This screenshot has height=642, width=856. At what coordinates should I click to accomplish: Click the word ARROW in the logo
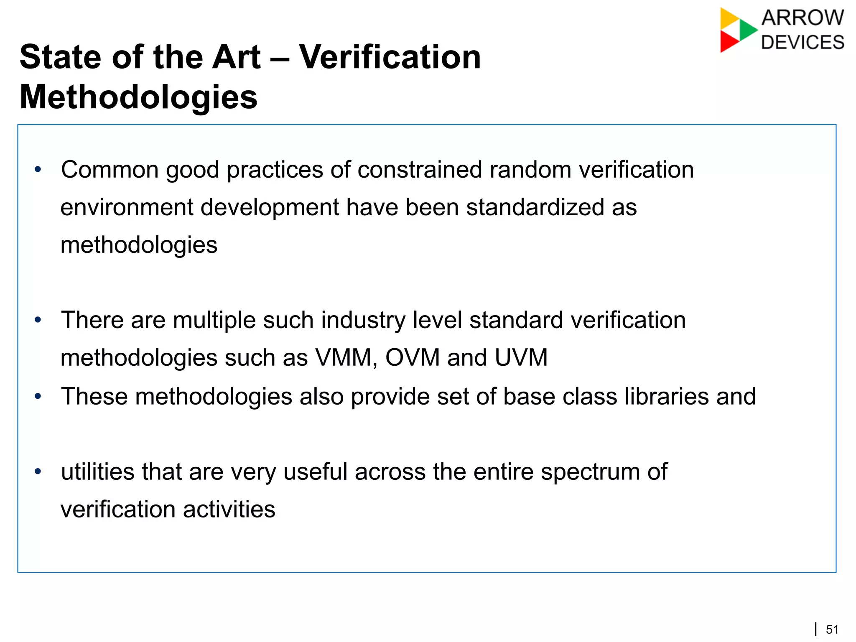[802, 18]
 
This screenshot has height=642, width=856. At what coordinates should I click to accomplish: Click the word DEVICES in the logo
[802, 43]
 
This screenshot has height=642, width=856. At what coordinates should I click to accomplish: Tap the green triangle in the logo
[748, 30]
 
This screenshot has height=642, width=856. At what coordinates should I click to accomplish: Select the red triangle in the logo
[729, 42]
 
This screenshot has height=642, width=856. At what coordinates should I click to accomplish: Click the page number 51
[832, 629]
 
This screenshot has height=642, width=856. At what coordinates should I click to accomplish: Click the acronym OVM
[413, 358]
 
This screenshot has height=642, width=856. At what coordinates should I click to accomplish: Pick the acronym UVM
[521, 358]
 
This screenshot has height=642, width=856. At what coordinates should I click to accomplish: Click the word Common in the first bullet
[110, 170]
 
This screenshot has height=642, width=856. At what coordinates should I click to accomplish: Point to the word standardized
[535, 207]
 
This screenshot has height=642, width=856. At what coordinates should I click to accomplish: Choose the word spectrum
[590, 472]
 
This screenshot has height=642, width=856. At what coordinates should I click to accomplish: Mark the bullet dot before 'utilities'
[38, 472]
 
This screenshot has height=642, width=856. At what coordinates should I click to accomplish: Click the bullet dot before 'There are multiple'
[38, 321]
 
